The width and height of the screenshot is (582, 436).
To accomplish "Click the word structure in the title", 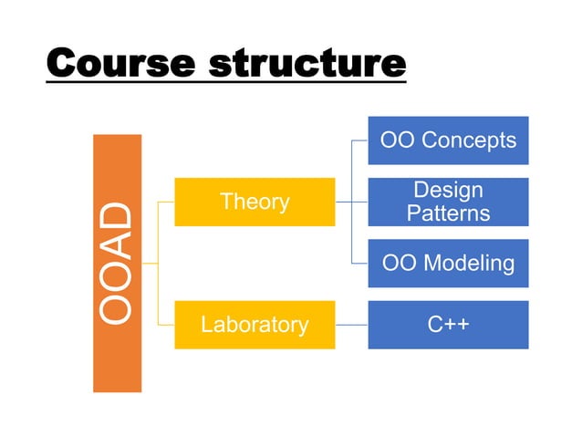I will click(307, 65).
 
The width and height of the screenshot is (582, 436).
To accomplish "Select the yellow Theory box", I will click(255, 202).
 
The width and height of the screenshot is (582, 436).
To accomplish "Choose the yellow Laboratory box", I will click(255, 324).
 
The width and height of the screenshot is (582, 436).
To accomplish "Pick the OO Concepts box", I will click(448, 140).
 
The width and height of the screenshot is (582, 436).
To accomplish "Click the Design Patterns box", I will click(448, 202).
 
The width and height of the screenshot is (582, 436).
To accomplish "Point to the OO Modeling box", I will click(448, 264).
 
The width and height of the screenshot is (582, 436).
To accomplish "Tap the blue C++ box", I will click(448, 324).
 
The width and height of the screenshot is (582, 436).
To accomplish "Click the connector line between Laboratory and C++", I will click(351, 324).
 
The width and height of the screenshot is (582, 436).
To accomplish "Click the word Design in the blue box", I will click(448, 191).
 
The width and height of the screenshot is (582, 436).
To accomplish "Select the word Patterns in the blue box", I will click(448, 213).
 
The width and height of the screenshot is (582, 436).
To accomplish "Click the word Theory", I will click(255, 202).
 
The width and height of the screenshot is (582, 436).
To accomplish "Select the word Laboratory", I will click(255, 324).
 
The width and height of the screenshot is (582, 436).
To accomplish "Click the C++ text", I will click(448, 324).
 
